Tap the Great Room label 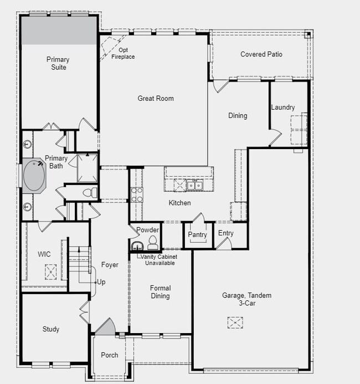coord(156,99)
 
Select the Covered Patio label coord(261,54)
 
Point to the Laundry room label coord(282,107)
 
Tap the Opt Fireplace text coord(123,54)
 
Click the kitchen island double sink coord(194,185)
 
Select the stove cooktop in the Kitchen coord(136,194)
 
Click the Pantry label coord(197,235)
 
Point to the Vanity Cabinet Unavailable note coord(160,260)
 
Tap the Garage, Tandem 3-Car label coord(246,299)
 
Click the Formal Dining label coord(160,292)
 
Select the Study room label coord(50,329)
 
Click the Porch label coord(109,355)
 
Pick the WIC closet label coord(44,254)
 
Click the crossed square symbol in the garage coord(235,322)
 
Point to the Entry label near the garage coord(225,233)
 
